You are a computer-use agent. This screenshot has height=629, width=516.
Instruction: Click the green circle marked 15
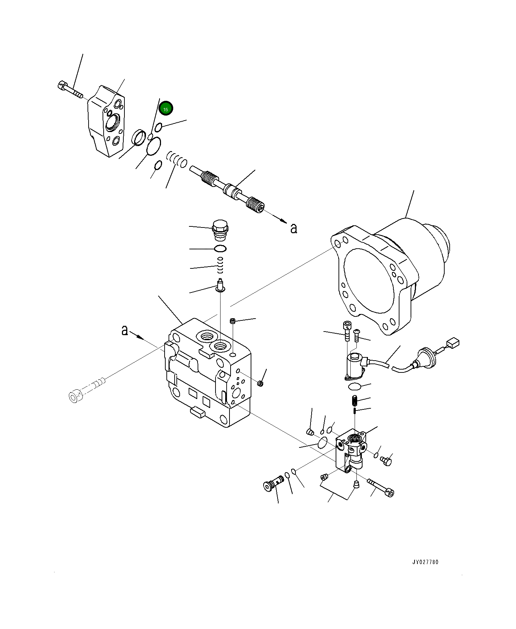pyautogui.click(x=166, y=109)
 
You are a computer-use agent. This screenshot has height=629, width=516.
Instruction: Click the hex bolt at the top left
pyautogui.click(x=70, y=90)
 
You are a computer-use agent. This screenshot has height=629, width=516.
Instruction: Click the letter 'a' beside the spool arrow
pyautogui.click(x=294, y=228)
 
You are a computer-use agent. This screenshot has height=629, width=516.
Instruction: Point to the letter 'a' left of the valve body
pyautogui.click(x=124, y=330)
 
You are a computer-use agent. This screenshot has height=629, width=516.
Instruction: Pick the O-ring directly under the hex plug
pyautogui.click(x=220, y=249)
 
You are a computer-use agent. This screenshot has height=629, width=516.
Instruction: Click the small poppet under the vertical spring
pyautogui.click(x=220, y=286)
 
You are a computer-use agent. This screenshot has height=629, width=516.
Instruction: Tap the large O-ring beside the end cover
pyautogui.click(x=153, y=146)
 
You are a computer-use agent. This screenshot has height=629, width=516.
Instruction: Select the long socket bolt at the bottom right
pyautogui.click(x=380, y=487)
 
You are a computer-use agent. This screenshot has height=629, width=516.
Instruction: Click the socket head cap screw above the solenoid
pyautogui.click(x=346, y=330)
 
